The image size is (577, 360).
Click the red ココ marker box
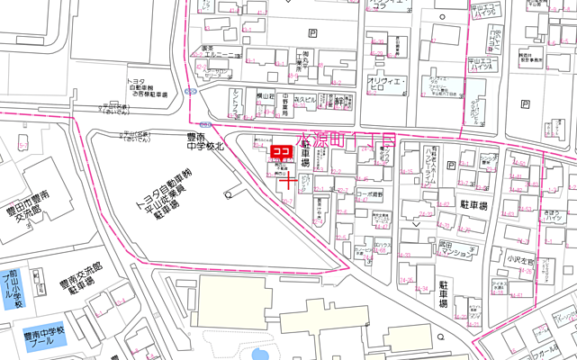[x=279, y=152]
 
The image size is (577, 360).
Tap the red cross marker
[x=289, y=181]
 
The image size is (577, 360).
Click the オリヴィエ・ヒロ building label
[x=388, y=85]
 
